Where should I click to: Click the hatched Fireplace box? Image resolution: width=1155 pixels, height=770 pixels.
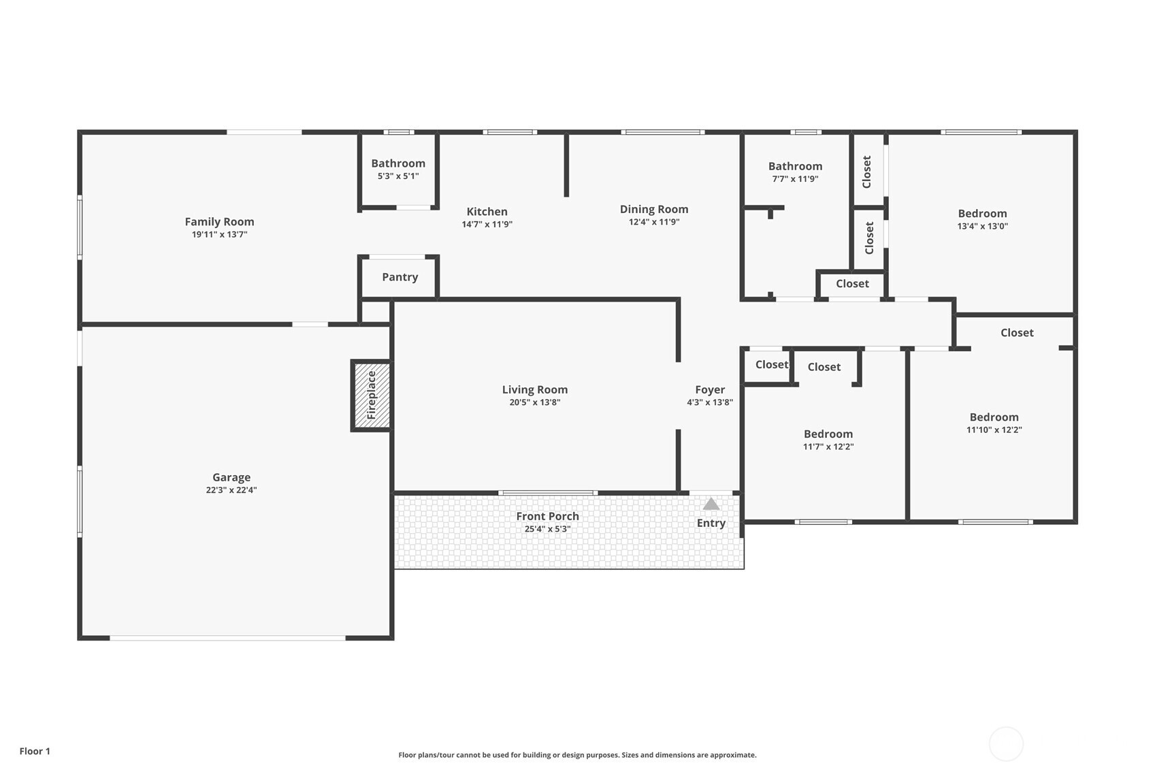(x=372, y=396)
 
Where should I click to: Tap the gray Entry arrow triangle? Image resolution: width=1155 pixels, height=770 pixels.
(x=711, y=504)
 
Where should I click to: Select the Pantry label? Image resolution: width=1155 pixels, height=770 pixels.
(x=400, y=277)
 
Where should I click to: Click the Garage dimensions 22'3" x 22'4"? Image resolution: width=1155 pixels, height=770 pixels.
(x=231, y=490)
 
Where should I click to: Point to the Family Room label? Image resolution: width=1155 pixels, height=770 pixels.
(x=220, y=222)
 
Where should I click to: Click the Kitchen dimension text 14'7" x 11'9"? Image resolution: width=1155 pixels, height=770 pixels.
(x=487, y=225)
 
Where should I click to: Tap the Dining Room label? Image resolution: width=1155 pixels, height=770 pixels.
(x=654, y=210)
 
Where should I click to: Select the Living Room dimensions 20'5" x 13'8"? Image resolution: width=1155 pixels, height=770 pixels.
(x=535, y=402)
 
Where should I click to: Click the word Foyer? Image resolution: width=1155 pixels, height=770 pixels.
(x=710, y=390)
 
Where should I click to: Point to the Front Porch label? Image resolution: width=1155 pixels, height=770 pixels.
(x=548, y=516)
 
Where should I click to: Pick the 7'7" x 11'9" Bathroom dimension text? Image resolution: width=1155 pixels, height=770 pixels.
(x=796, y=179)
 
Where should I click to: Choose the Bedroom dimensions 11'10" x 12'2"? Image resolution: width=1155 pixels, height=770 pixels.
(x=994, y=430)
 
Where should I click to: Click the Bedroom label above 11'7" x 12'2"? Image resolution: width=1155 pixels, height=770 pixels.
(x=828, y=434)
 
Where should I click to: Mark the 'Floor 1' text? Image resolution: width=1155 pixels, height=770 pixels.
(x=35, y=752)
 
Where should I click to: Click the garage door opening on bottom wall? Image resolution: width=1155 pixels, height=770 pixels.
(x=227, y=638)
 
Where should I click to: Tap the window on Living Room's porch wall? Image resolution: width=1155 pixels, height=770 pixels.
(x=548, y=493)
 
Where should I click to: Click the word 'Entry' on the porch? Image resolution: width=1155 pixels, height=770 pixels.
(x=711, y=524)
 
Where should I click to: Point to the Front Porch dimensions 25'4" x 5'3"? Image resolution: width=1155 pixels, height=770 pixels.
(x=548, y=529)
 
